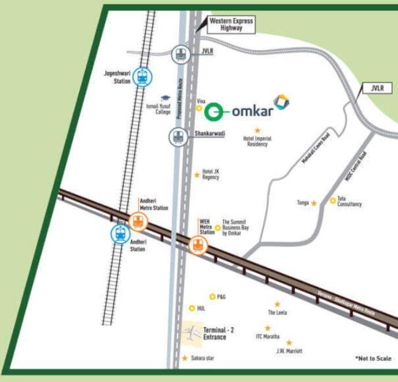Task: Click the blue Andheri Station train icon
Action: [x=120, y=233]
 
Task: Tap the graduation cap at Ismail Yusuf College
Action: [x=166, y=99]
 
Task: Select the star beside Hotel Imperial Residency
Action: [x=257, y=130]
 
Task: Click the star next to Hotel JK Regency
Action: [x=197, y=174]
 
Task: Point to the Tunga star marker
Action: [x=314, y=203]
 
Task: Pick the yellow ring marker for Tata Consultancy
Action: [x=333, y=201]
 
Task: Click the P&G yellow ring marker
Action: [x=212, y=296]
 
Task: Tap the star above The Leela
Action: [x=277, y=304]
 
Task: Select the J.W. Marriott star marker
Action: [x=289, y=343]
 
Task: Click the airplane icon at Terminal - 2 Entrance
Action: [x=191, y=332]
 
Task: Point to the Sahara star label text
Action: [x=202, y=359]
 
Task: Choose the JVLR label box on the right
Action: [x=378, y=88]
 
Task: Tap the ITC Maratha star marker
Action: [x=268, y=328]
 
